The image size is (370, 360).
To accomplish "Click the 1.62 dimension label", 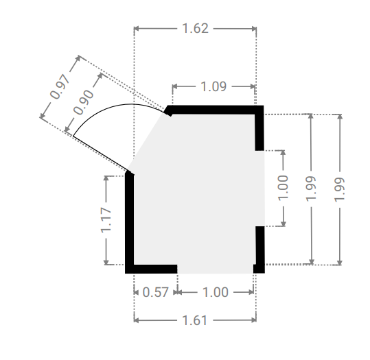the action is click(196, 29).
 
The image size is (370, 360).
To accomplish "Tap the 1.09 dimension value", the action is click(213, 86).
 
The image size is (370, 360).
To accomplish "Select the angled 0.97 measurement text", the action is click(60, 86).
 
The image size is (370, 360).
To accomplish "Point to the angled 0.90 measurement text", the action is click(84, 103).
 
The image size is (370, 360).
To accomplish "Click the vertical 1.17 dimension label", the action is click(106, 220).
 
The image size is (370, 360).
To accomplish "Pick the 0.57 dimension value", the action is click(156, 292).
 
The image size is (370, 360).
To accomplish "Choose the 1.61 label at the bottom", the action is click(195, 320).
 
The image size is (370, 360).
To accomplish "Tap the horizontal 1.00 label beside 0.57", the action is click(216, 292).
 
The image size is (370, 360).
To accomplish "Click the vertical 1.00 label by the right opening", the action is click(284, 188).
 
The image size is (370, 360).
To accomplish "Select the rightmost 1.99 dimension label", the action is click(340, 189).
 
